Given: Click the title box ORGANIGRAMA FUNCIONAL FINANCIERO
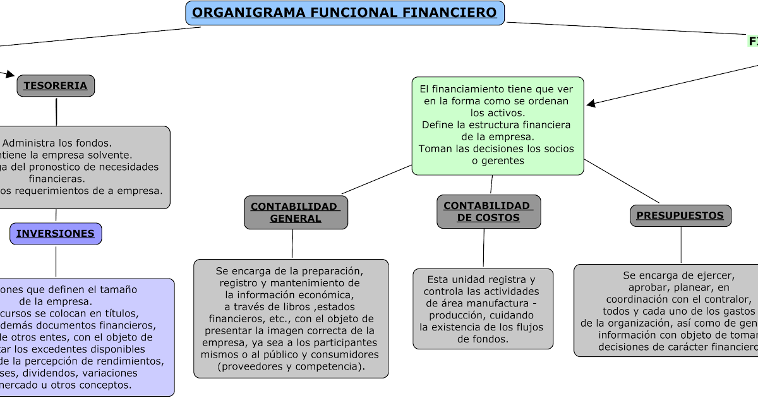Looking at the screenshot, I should click(x=345, y=13).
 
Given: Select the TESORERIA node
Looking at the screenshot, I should click(x=56, y=86).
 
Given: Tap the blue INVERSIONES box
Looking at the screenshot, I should click(x=56, y=234).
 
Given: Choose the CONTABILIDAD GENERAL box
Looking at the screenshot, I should click(x=296, y=212).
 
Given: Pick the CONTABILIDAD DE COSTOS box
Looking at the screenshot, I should click(x=488, y=212).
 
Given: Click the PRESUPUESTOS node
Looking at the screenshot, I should click(x=680, y=215).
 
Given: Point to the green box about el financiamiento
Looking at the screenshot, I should click(x=497, y=125).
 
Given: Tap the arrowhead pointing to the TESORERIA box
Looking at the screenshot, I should click(x=10, y=75).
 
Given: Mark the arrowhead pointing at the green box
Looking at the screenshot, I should click(x=590, y=104).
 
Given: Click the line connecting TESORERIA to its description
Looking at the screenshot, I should click(x=56, y=111).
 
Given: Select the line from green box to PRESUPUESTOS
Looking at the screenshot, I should click(x=622, y=181).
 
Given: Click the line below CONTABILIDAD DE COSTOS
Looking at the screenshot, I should click(x=484, y=248).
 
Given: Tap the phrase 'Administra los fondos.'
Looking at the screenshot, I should click(x=57, y=143).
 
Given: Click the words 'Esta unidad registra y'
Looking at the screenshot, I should click(x=481, y=279).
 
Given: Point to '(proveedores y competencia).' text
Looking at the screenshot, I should click(x=291, y=366).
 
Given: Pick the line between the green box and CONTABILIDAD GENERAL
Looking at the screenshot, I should click(x=376, y=179).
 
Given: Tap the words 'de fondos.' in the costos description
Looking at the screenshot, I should click(x=483, y=339).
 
